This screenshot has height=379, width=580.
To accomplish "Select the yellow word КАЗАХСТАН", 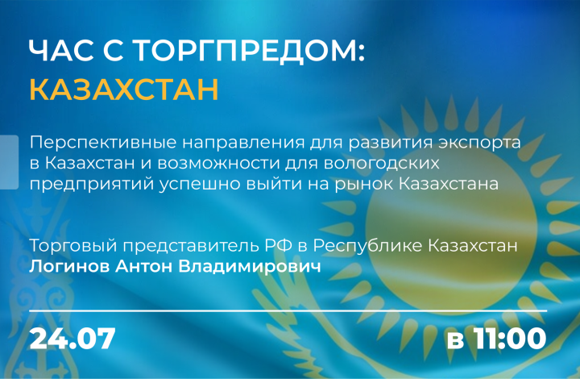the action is [124, 89].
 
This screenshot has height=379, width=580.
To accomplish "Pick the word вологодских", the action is [382, 164].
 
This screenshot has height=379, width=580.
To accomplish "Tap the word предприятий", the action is [91, 185].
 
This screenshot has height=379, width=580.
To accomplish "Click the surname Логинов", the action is [69, 266].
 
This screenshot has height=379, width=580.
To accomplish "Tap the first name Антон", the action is [144, 266].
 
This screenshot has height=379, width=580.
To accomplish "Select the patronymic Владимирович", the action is [250, 266].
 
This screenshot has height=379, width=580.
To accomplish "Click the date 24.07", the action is [72, 339].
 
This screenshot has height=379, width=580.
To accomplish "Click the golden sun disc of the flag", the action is [451, 226].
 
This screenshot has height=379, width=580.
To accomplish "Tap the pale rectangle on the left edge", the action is [9, 162].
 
